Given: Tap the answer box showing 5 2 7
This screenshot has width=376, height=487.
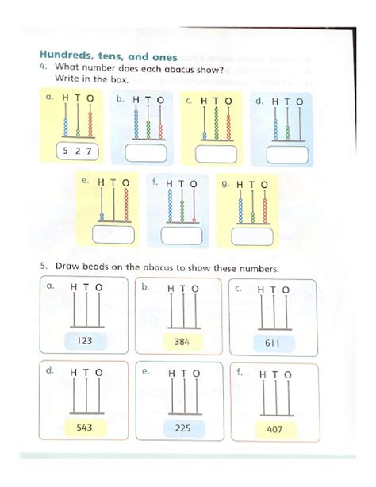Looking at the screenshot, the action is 79,151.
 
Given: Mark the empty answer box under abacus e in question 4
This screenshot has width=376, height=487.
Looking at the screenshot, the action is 112,235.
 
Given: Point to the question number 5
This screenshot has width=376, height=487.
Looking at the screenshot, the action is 45,267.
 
